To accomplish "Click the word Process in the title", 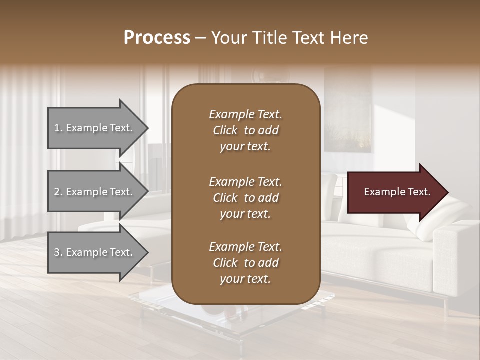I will [157, 38].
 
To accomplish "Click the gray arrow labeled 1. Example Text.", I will [95, 128].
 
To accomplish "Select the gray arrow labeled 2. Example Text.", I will [95, 192].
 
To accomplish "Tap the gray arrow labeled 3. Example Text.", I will [95, 252].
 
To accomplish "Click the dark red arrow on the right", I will [395, 192].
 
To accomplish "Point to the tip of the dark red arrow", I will [447, 192].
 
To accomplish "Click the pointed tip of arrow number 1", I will [147, 128].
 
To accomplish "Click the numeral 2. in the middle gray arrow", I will [58, 192].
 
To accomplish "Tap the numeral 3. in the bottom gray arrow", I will [58, 252].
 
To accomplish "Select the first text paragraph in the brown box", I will [245, 130].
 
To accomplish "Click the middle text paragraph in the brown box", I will [245, 198].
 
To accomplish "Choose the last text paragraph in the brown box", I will [245, 263].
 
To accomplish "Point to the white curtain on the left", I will [25, 150].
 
